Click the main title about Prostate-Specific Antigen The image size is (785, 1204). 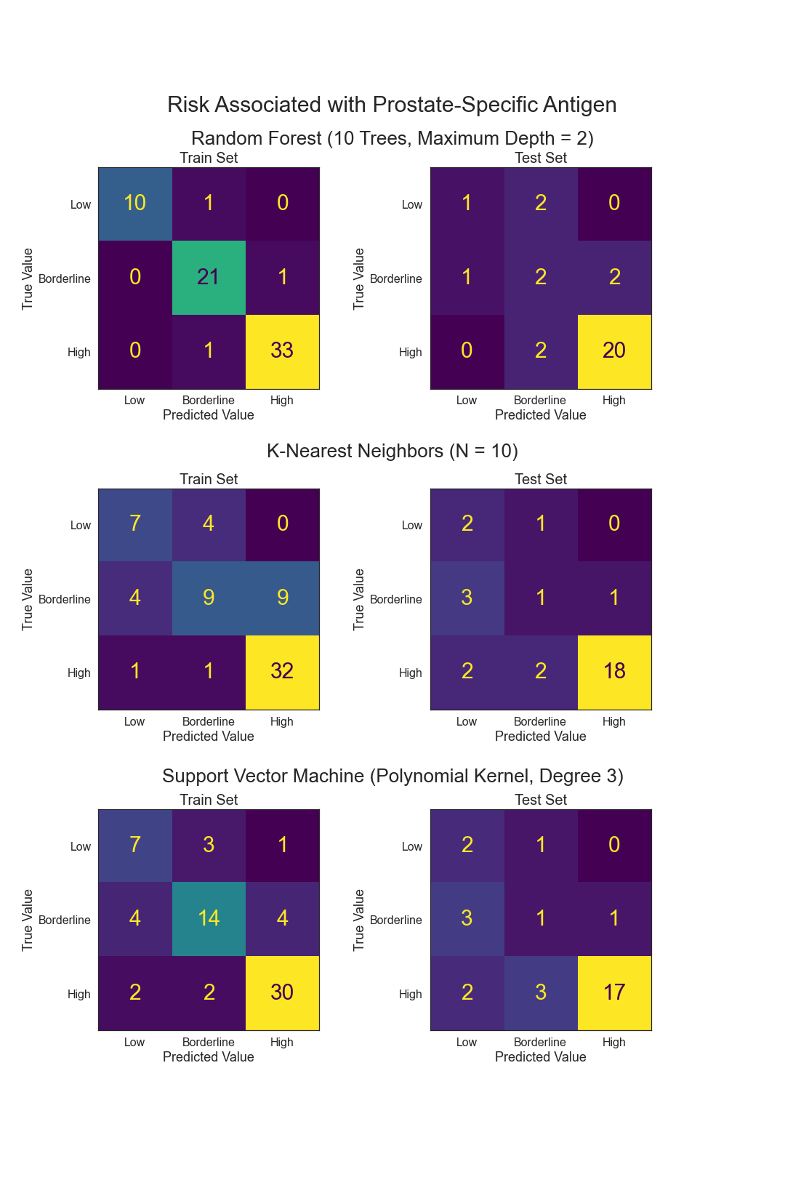pyautogui.click(x=392, y=105)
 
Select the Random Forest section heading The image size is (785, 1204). pyautogui.click(x=392, y=138)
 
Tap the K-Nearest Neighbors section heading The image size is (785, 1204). pyautogui.click(x=392, y=451)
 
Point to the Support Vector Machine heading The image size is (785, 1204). pyautogui.click(x=392, y=776)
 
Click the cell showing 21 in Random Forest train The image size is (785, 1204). pyautogui.click(x=209, y=277)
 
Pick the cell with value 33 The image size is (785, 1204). pyautogui.click(x=282, y=350)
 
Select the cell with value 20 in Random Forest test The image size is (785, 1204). pyautogui.click(x=614, y=350)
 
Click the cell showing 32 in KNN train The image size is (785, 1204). pyautogui.click(x=282, y=671)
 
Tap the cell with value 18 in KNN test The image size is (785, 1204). pyautogui.click(x=614, y=671)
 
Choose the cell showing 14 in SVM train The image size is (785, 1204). pyautogui.click(x=209, y=918)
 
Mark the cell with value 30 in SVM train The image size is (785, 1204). pyautogui.click(x=282, y=992)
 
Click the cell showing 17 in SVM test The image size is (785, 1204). pyautogui.click(x=614, y=992)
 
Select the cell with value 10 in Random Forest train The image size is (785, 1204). pyautogui.click(x=135, y=203)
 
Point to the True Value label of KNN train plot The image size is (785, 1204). pyautogui.click(x=28, y=599)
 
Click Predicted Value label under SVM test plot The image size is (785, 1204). pyautogui.click(x=540, y=1057)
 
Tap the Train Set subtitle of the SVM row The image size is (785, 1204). pyautogui.click(x=209, y=800)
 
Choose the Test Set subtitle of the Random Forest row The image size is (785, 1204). pyautogui.click(x=540, y=158)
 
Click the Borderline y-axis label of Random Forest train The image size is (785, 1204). pyautogui.click(x=65, y=278)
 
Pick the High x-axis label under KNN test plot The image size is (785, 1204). pyautogui.click(x=613, y=721)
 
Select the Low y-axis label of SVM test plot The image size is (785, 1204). pyautogui.click(x=411, y=846)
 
